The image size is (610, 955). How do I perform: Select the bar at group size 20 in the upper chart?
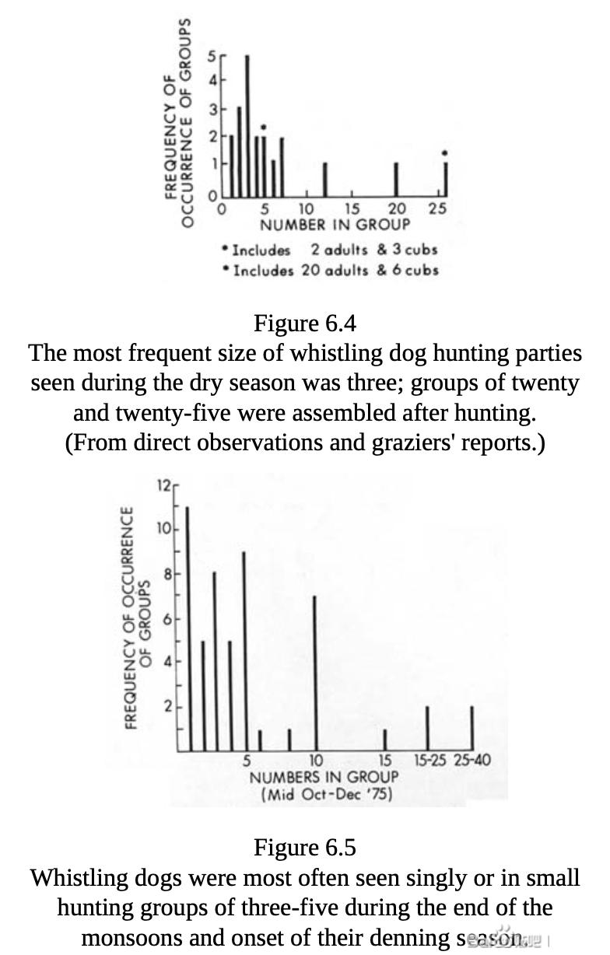tap(396, 180)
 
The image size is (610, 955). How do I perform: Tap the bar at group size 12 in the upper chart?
tap(324, 180)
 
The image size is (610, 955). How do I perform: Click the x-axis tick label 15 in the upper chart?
tap(352, 209)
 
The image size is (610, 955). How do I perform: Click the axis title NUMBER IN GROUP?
tap(335, 225)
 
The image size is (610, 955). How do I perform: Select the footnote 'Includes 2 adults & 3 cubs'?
tap(330, 250)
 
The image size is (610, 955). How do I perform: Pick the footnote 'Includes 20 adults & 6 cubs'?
tap(330, 270)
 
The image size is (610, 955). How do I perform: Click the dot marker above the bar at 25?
tap(444, 153)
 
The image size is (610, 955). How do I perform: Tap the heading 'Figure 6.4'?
tap(305, 323)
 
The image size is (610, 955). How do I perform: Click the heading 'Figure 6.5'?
tap(305, 847)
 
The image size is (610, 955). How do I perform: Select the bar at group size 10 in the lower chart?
tap(314, 673)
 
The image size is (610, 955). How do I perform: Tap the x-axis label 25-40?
tap(472, 761)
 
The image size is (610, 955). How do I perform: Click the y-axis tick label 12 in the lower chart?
tap(164, 485)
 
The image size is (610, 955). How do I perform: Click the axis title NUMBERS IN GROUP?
tap(324, 777)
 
